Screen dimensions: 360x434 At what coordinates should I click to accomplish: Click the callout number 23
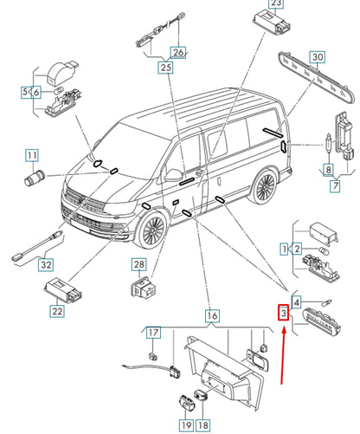pyautogui.click(x=276, y=3)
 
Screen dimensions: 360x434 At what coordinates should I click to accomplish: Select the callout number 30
pyautogui.click(x=318, y=57)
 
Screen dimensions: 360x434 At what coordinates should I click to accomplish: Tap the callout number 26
pyautogui.click(x=178, y=52)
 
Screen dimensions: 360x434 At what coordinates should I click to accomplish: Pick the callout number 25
pyautogui.click(x=165, y=68)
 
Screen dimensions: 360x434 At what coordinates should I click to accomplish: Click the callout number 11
pyautogui.click(x=32, y=155)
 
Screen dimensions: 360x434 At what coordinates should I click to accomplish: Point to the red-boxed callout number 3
pyautogui.click(x=284, y=313)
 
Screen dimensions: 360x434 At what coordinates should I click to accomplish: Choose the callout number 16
pyautogui.click(x=212, y=315)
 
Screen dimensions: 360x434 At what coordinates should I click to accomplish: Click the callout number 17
pyautogui.click(x=153, y=333)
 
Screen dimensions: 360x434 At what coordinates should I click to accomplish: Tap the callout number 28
pyautogui.click(x=139, y=264)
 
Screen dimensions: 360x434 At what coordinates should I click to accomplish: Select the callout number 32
pyautogui.click(x=46, y=264)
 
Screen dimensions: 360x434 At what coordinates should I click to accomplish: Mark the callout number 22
pyautogui.click(x=57, y=311)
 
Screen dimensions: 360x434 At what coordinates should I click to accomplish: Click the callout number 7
pyautogui.click(x=335, y=185)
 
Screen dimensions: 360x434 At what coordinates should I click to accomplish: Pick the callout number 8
pyautogui.click(x=328, y=170)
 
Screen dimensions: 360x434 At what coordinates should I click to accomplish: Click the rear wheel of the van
pyautogui.click(x=264, y=187)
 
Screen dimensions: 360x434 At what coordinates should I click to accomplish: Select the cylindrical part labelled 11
pyautogui.click(x=34, y=178)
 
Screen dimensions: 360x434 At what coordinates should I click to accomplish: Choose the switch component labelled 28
pyautogui.click(x=143, y=287)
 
